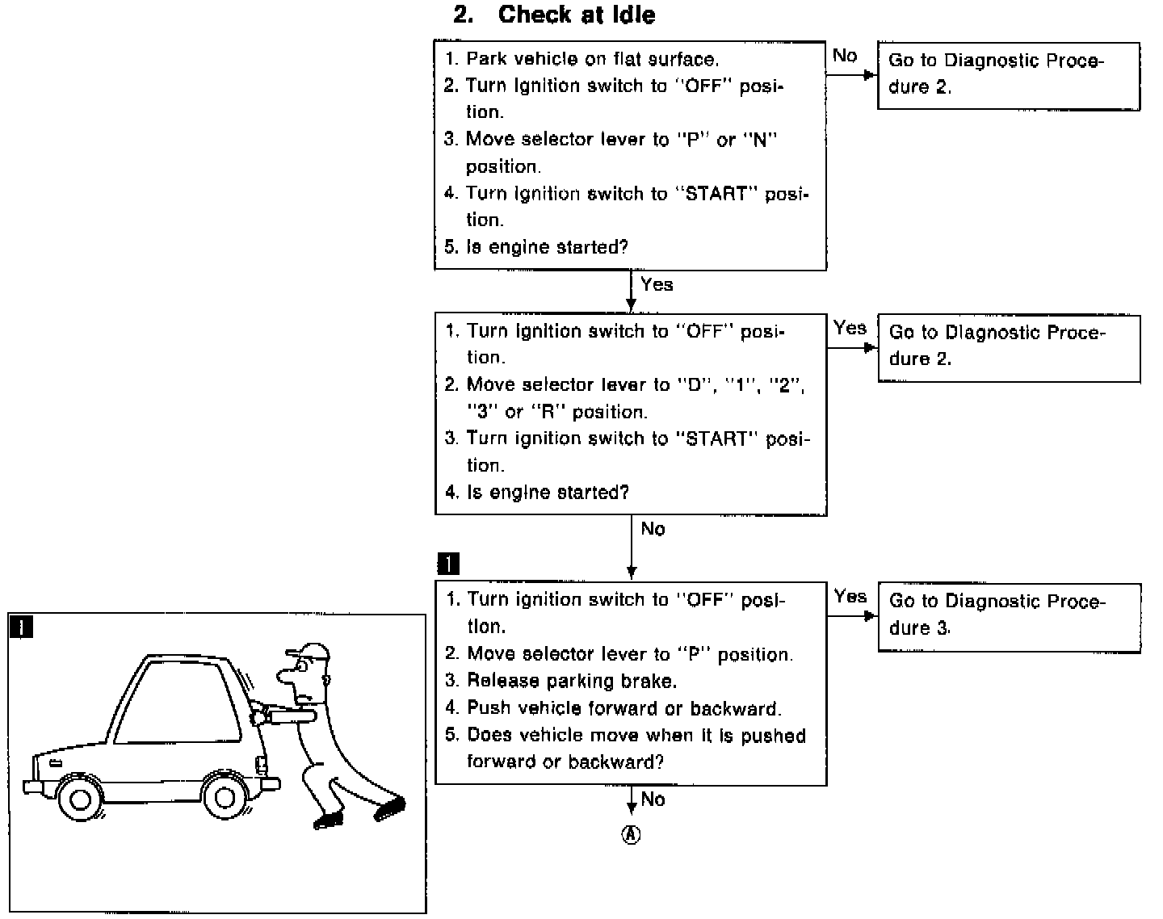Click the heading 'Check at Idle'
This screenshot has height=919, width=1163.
(577, 15)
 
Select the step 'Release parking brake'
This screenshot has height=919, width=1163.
(572, 681)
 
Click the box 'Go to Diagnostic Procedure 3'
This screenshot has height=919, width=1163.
(1009, 615)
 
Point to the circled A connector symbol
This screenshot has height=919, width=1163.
(631, 835)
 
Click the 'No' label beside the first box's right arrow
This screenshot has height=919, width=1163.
(845, 56)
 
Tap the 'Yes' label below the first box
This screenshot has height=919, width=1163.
(657, 284)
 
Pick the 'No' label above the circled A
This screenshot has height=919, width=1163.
(653, 799)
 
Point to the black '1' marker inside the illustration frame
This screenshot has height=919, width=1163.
(20, 627)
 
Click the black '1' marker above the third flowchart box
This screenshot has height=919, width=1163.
(448, 564)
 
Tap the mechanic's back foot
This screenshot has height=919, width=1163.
(390, 808)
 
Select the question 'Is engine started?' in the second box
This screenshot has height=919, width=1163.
(548, 493)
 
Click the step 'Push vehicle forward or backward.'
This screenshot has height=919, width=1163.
(623, 708)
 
